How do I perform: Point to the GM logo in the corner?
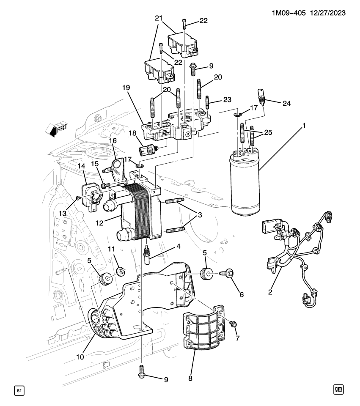pyautogui.click(x=338, y=389)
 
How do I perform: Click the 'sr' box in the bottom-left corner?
pyautogui.click(x=19, y=389)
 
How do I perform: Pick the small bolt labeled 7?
pyautogui.click(x=233, y=324)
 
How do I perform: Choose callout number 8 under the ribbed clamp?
pyautogui.click(x=190, y=379)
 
